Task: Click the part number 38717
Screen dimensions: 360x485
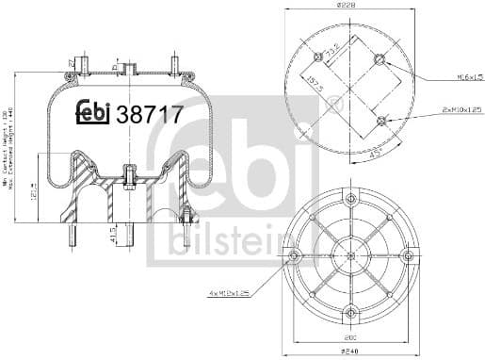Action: coord(146,114)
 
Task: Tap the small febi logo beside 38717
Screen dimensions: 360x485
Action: coord(92,113)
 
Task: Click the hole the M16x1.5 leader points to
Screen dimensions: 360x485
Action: coord(379,61)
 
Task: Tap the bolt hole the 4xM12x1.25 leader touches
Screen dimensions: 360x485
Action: coord(293,256)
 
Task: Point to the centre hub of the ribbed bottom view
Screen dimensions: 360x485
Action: coord(350,256)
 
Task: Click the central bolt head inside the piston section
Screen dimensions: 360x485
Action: coord(127,173)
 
